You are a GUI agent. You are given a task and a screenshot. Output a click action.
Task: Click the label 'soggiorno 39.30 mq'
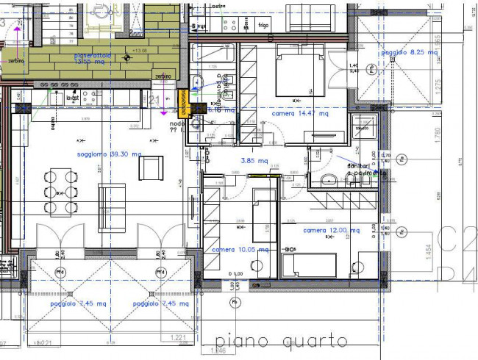tap(109, 154)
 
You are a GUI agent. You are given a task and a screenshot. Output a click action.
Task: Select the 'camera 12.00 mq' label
tap(332, 231)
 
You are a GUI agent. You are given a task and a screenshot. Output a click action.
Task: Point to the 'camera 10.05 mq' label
tap(240, 250)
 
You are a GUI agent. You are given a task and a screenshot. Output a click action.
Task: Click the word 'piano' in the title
tap(239, 341)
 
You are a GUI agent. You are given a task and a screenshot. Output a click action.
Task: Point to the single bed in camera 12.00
tap(310, 264)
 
